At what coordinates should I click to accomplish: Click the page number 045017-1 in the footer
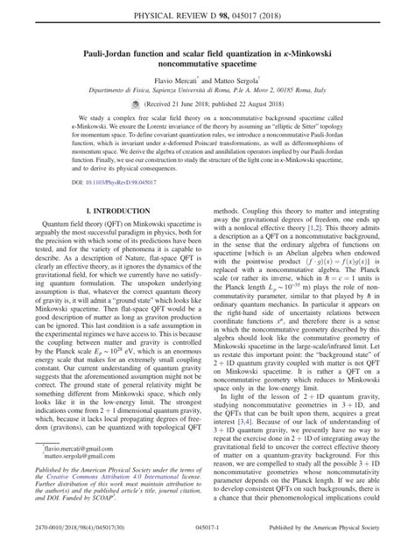tap(207, 544)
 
